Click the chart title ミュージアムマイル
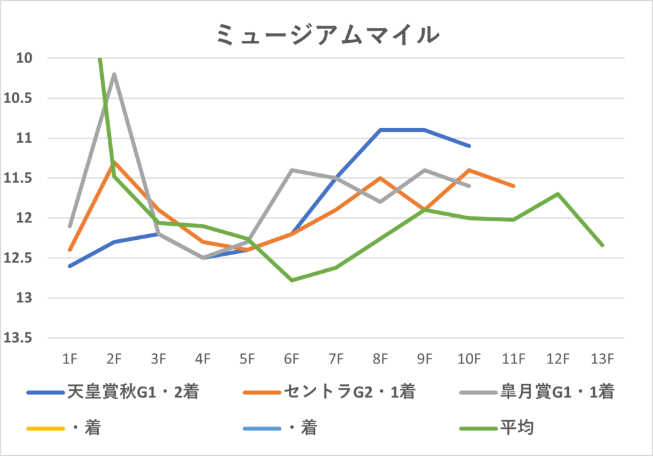[x=326, y=34]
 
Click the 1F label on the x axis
[x=70, y=359]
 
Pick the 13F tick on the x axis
[x=602, y=359]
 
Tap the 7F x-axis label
[x=336, y=359]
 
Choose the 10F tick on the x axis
[x=469, y=359]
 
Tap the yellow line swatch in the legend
[x=45, y=427]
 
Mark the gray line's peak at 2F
[x=114, y=74]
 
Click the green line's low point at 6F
[x=291, y=280]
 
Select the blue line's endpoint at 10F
[x=469, y=146]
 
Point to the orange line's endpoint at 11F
[x=514, y=186]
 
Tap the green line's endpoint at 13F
[x=602, y=244]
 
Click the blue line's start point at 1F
[x=70, y=266]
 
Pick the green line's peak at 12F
[x=558, y=194]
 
